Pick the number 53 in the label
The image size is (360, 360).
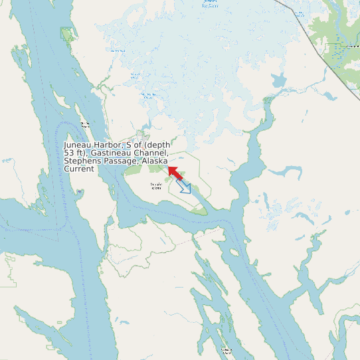click(x=68, y=153)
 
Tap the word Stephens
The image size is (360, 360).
click(x=82, y=161)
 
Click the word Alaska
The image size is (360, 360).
click(x=155, y=161)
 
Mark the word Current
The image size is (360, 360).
click(x=79, y=169)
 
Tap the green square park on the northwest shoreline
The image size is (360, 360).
click(x=66, y=34)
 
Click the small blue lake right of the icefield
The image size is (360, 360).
click(x=278, y=81)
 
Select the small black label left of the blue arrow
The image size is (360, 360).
click(x=156, y=186)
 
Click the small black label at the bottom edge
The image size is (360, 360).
click(x=226, y=350)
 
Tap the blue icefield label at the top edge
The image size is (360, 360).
click(x=211, y=4)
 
